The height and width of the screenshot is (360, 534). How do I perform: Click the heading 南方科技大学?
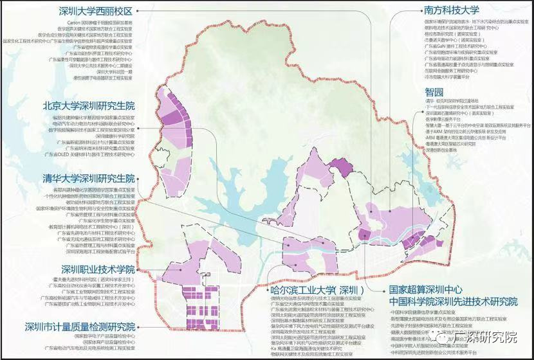tap(451, 10)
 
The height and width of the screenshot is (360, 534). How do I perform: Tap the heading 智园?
tap(434, 92)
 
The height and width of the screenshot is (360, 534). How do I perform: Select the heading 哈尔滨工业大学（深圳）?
tap(318, 290)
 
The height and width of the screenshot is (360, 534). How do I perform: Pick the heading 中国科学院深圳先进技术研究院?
tap(453, 301)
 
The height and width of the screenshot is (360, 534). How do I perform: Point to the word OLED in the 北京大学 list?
tap(70, 155)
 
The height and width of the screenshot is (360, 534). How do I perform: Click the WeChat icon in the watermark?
tap(444, 336)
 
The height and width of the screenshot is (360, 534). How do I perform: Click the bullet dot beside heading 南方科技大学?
tap(414, 10)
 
